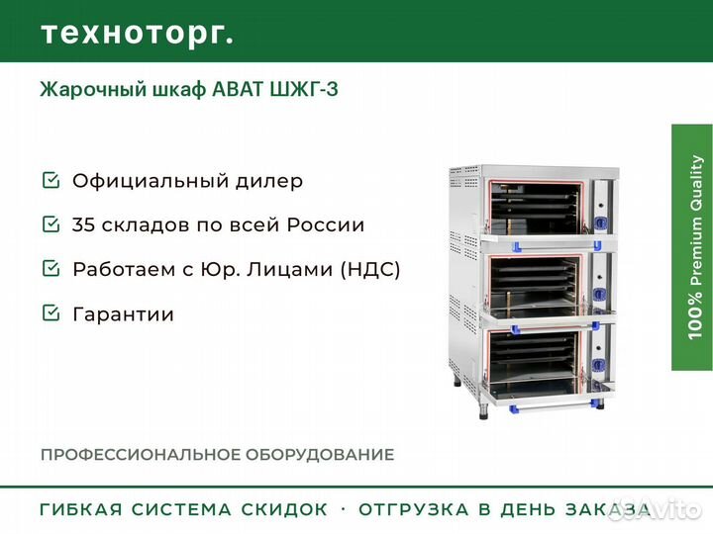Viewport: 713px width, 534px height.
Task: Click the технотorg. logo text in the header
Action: click(x=137, y=33)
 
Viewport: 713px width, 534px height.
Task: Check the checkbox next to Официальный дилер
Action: click(x=50, y=181)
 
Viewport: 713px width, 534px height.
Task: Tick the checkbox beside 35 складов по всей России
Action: click(x=50, y=224)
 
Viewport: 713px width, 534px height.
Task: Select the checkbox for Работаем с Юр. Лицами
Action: click(x=50, y=269)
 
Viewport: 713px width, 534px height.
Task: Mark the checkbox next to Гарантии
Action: click(x=50, y=313)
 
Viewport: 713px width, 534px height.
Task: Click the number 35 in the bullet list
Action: click(x=84, y=225)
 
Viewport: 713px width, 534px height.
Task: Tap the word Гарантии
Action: click(x=123, y=314)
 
